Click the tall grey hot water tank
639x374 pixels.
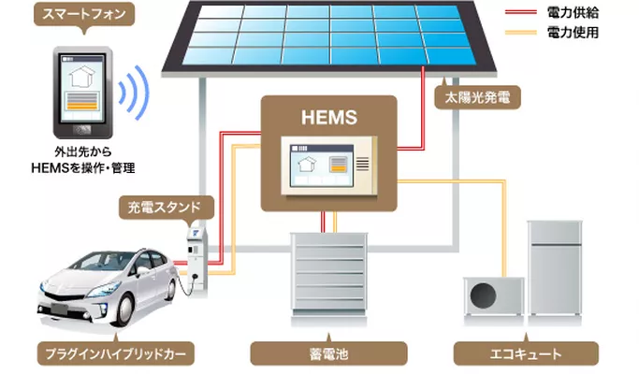point(559,268)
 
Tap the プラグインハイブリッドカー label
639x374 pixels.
point(114,354)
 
